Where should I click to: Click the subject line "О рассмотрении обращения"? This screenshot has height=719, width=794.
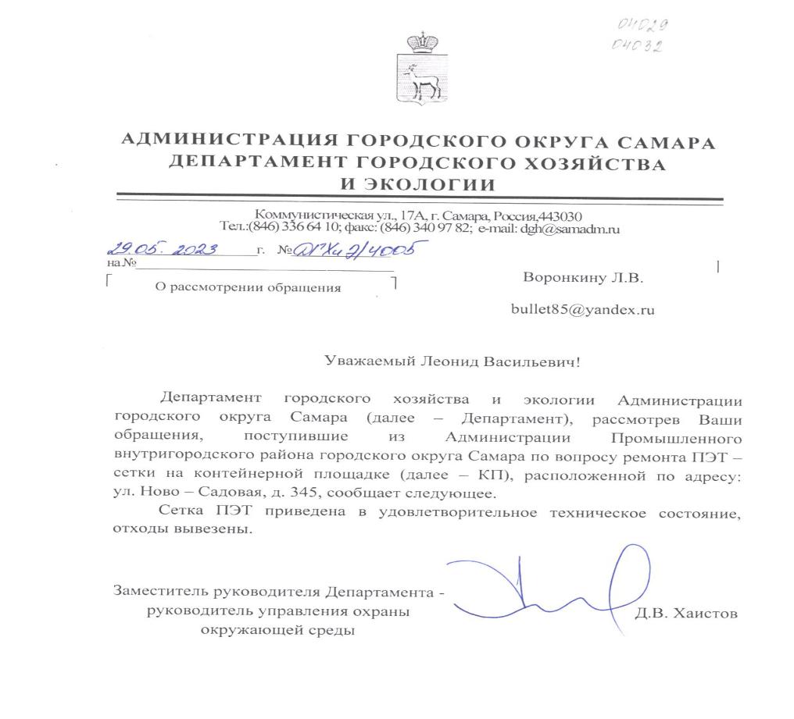tap(249, 287)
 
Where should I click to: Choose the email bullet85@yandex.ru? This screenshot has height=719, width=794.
tap(582, 309)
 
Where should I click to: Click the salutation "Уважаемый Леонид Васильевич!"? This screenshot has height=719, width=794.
tap(452, 361)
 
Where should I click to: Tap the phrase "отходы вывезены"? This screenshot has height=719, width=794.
tap(183, 528)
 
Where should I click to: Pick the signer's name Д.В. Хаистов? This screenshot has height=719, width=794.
tap(685, 613)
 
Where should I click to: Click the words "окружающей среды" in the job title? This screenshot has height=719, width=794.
tap(277, 629)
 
